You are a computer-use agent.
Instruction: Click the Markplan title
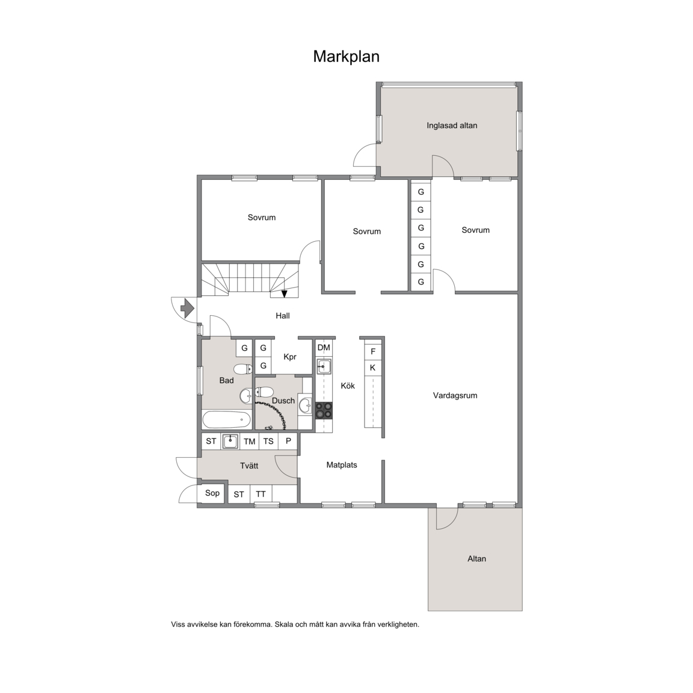346,57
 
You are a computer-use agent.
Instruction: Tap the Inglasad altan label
452,126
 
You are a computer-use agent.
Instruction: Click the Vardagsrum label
455,396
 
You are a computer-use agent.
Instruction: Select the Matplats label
342,465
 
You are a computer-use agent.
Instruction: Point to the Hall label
282,316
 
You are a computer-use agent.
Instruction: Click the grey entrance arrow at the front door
188,307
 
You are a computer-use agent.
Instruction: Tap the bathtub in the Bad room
226,419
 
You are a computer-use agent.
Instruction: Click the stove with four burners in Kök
324,410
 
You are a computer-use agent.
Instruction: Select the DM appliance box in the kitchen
324,348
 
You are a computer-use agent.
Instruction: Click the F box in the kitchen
373,351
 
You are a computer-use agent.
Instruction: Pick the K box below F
373,368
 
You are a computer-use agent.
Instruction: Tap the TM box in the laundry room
249,442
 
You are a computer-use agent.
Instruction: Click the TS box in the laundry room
268,442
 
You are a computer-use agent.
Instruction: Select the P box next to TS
288,442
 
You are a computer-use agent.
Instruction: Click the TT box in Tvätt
260,494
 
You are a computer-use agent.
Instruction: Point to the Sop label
212,493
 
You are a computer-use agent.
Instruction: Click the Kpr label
290,357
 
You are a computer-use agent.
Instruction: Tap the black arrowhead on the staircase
284,294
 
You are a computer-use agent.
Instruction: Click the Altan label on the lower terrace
476,559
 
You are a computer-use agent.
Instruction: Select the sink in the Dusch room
305,405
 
